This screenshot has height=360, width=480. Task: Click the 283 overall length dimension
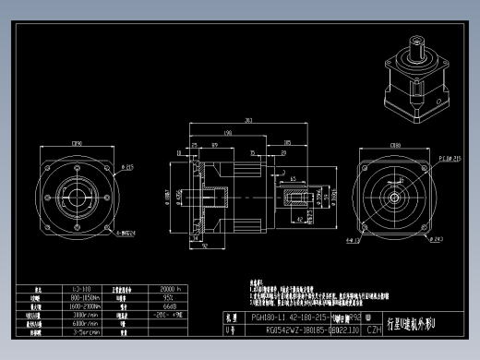pyautogui.click(x=248, y=120)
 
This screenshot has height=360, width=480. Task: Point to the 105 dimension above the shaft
pyautogui.click(x=288, y=143)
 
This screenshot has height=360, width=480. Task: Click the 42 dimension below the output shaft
pyautogui.click(x=303, y=219)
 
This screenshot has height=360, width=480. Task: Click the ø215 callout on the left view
pyautogui.click(x=127, y=167)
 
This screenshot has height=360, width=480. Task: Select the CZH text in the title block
pyautogui.click(x=373, y=329)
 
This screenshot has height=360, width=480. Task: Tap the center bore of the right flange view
pyautogui.click(x=394, y=196)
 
